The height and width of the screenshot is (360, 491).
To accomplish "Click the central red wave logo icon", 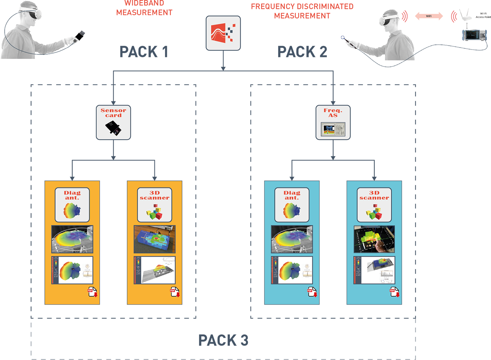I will [223, 33].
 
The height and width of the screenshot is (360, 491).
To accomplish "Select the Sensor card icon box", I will [113, 122].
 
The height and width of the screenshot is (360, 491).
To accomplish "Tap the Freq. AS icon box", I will [333, 122].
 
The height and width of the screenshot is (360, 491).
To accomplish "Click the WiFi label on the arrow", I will [429, 16].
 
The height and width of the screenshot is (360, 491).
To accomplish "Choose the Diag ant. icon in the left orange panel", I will [72, 204].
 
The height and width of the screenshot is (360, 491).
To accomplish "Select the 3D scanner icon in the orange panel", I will [154, 204].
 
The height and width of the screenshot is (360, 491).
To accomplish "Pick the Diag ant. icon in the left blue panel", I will [292, 204].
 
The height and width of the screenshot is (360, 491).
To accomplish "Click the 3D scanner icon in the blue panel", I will [374, 204].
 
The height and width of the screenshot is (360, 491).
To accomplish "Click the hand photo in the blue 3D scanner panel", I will [374, 239].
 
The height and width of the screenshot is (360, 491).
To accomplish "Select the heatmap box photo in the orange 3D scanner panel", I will [154, 239].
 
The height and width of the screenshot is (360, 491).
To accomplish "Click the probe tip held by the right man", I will [344, 39].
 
